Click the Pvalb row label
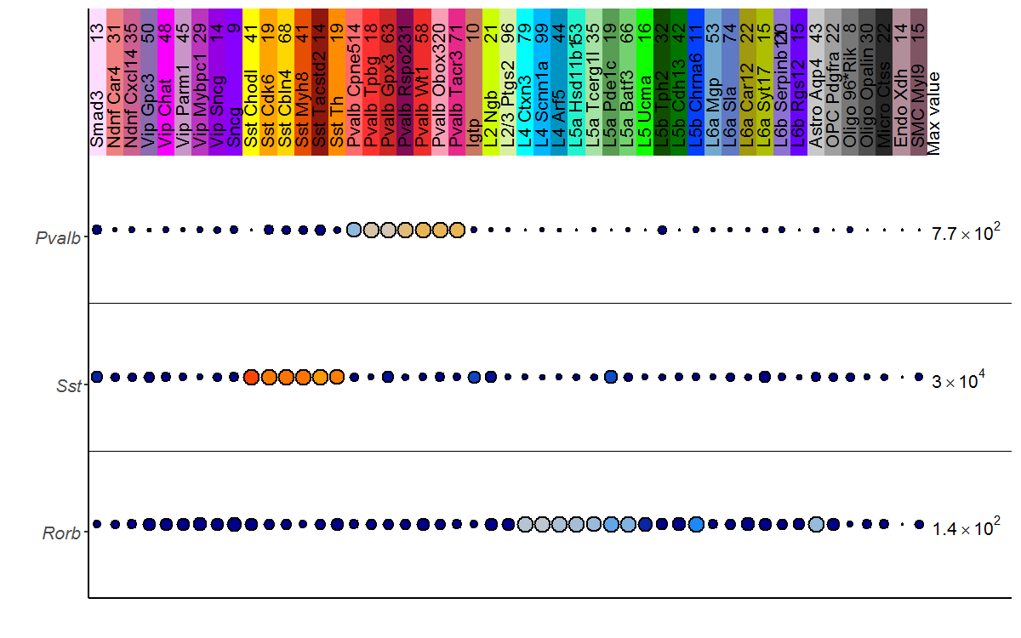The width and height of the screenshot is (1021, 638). point(58,238)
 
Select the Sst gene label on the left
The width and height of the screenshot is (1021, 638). point(70,386)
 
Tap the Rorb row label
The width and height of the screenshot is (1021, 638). point(61,534)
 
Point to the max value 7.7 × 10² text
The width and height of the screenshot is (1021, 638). point(966,233)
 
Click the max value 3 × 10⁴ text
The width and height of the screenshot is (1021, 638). point(958,381)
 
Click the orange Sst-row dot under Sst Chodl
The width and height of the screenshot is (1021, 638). point(251,377)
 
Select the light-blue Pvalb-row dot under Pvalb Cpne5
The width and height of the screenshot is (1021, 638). point(354,230)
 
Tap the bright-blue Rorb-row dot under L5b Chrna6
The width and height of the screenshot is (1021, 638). point(696,524)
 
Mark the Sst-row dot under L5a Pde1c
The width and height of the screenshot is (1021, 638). point(610,377)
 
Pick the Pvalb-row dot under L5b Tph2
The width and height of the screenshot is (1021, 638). point(662,230)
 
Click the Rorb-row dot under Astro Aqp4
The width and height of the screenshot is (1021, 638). point(816,524)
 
